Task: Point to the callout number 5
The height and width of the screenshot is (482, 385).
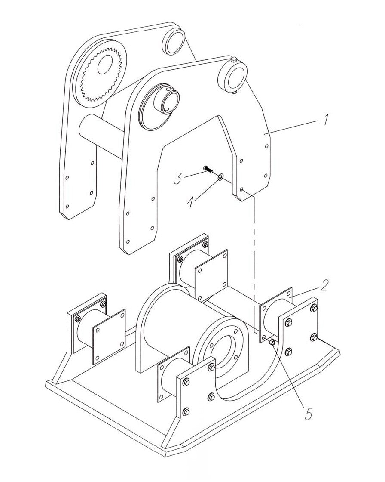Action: [307, 414]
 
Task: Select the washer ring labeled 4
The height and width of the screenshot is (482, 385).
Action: [220, 176]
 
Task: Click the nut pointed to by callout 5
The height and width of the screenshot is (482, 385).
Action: [272, 342]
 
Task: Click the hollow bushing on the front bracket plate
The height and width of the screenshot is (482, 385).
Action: [165, 103]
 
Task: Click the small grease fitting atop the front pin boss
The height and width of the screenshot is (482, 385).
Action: [233, 59]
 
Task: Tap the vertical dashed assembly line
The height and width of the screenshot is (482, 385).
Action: [255, 258]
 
